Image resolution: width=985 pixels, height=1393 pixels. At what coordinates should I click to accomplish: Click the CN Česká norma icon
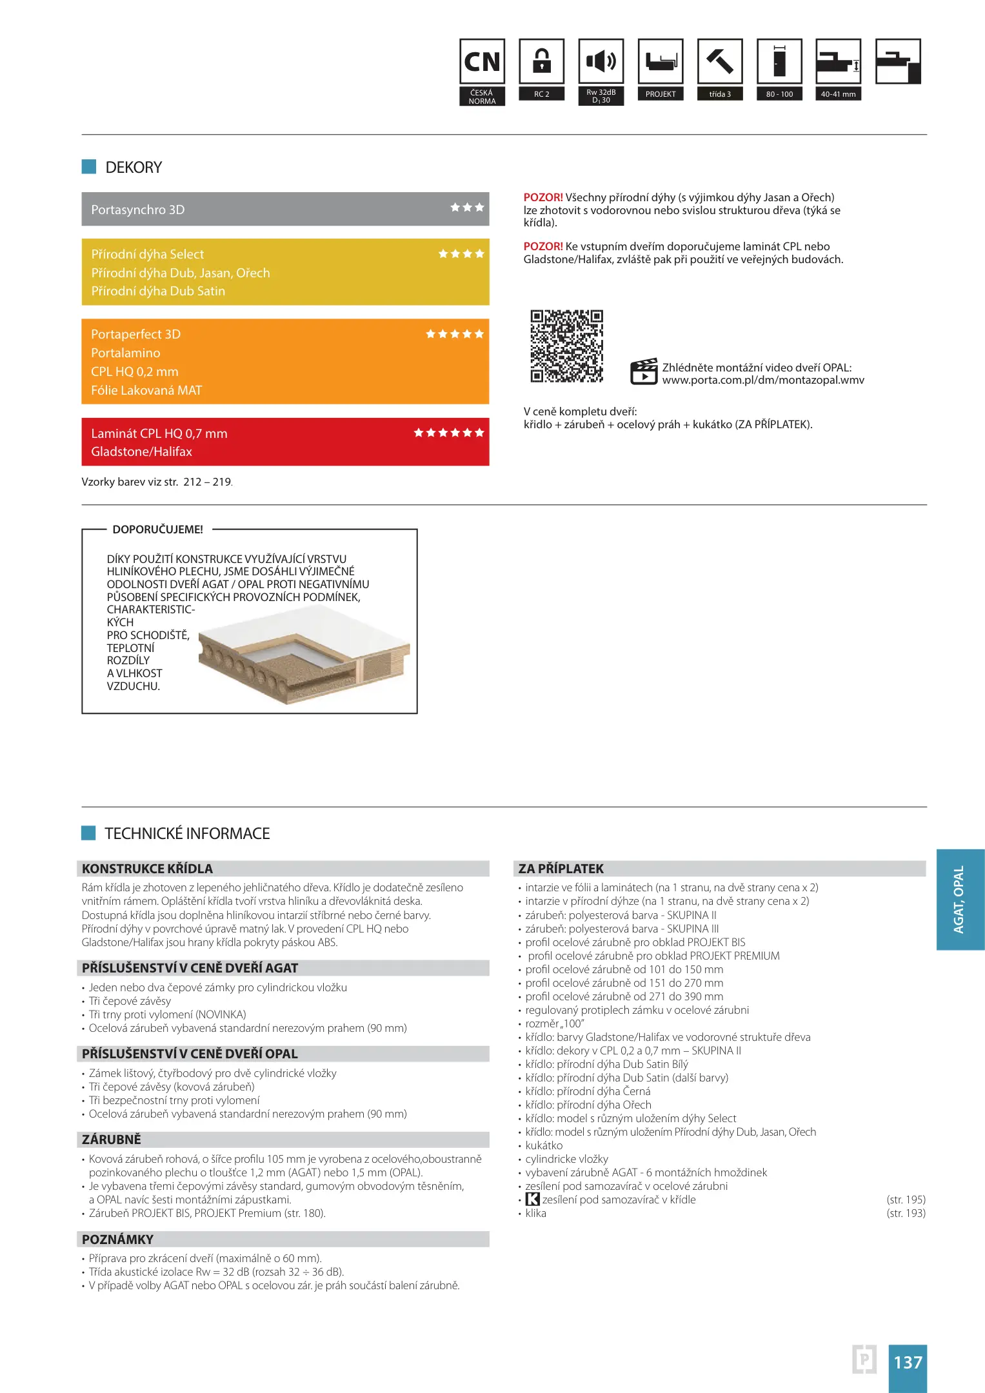482,63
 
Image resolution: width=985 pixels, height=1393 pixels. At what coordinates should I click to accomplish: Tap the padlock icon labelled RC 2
542,62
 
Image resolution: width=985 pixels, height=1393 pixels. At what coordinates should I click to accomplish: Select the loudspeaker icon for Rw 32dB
601,62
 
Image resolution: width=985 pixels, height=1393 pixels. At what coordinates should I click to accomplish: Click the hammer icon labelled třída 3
720,62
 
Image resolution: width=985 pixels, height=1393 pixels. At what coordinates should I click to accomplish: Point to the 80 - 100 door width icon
779,62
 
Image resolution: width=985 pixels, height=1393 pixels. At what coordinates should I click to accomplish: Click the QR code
566,346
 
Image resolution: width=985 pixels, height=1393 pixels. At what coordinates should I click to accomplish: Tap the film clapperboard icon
643,372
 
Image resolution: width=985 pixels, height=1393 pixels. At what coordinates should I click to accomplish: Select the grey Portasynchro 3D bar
285,210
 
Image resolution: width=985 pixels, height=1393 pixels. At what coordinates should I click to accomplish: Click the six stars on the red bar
449,433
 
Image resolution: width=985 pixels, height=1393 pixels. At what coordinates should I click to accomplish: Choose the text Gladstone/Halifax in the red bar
142,452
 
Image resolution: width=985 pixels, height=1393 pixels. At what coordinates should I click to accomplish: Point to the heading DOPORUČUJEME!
158,529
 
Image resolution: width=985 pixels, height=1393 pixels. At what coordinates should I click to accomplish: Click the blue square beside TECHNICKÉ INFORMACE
88,833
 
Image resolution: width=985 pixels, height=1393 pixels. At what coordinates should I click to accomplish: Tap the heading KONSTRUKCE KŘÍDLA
147,869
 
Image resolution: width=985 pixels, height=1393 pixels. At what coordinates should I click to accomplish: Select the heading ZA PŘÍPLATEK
561,869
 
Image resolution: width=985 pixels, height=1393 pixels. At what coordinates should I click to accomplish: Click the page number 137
908,1363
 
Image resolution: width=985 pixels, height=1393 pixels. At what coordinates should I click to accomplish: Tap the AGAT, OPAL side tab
960,899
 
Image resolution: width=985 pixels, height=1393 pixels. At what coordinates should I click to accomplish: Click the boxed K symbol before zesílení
533,1200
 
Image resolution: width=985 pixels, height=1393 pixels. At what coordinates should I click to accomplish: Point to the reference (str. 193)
906,1213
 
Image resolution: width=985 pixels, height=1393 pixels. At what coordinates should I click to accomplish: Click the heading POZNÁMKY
117,1240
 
